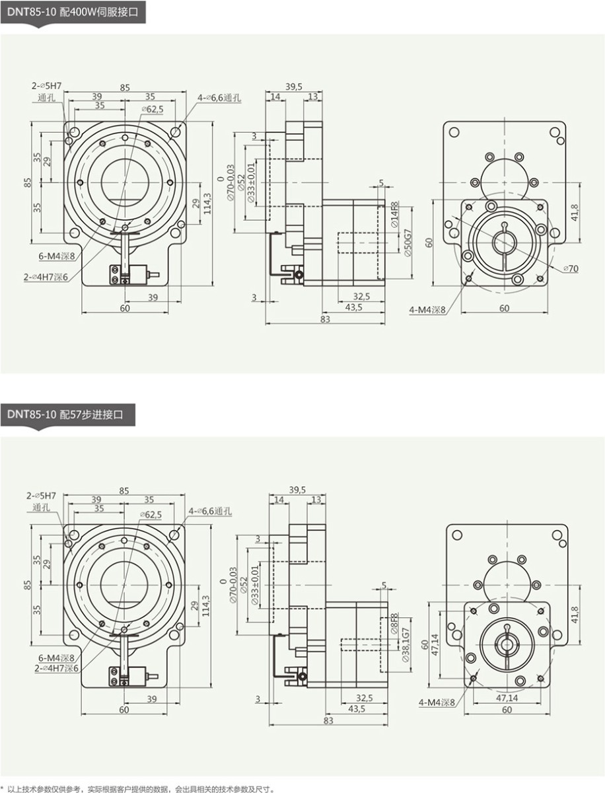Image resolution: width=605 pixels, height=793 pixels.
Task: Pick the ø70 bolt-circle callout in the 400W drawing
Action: point(570,269)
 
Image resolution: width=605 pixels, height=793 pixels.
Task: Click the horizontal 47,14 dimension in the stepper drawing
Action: point(507,697)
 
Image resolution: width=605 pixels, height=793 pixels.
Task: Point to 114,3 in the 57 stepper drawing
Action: point(206,606)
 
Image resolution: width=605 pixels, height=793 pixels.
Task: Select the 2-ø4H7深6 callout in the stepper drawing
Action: point(56,668)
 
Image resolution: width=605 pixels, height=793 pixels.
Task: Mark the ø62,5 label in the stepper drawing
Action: point(151,514)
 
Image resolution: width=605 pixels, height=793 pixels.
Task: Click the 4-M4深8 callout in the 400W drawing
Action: point(427,309)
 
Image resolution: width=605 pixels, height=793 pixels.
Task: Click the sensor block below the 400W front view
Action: point(128,273)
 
